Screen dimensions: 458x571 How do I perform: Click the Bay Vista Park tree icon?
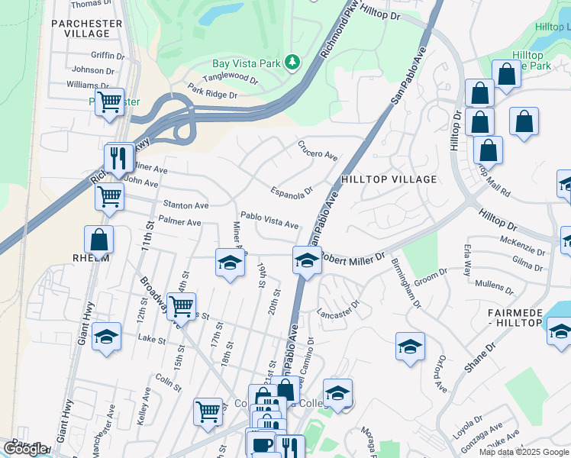coord(292,62)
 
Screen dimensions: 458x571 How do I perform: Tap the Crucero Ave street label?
coord(318,150)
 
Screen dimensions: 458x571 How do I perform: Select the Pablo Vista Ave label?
coord(269,220)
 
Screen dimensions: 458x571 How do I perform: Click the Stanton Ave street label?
coord(185,205)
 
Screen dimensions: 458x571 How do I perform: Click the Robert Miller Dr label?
coord(352,260)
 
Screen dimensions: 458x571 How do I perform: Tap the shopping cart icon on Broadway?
coord(181,306)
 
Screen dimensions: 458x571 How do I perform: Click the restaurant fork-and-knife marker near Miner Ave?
coord(118,157)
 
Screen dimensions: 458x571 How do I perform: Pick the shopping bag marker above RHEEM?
coord(99,239)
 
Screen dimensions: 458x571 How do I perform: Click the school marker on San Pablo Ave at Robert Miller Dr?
coord(306,260)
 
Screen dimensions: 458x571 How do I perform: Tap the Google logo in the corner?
coord(25,450)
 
